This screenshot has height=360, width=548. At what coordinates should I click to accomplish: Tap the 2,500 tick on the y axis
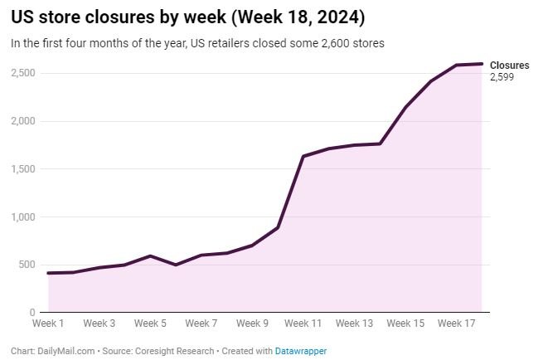pos(23,73)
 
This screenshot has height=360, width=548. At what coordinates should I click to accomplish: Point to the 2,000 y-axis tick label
pos(23,121)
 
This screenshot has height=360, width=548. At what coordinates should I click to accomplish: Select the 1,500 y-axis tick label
pos(23,169)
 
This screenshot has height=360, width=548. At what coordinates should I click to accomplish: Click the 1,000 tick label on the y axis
pos(23,217)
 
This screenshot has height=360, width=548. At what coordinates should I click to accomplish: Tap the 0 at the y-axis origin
pos(34,313)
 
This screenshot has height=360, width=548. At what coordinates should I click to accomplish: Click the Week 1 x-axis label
pos(48,324)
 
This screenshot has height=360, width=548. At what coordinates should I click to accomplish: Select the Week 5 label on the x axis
pos(150,324)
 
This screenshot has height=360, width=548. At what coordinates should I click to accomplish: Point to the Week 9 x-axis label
pos(252,324)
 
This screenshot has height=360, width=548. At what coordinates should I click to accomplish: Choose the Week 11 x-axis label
pos(303,324)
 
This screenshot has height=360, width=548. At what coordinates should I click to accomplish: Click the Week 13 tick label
pos(354,324)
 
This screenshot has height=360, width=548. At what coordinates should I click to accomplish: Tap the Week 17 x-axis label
pos(456,324)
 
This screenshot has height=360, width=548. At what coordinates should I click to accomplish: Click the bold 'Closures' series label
pos(509,66)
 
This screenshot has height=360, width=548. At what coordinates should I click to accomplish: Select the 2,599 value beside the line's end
pos(502,77)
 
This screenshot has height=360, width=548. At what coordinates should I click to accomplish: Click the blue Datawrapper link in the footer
pos(301,351)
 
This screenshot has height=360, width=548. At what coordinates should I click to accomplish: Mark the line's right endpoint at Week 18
pos(482,64)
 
